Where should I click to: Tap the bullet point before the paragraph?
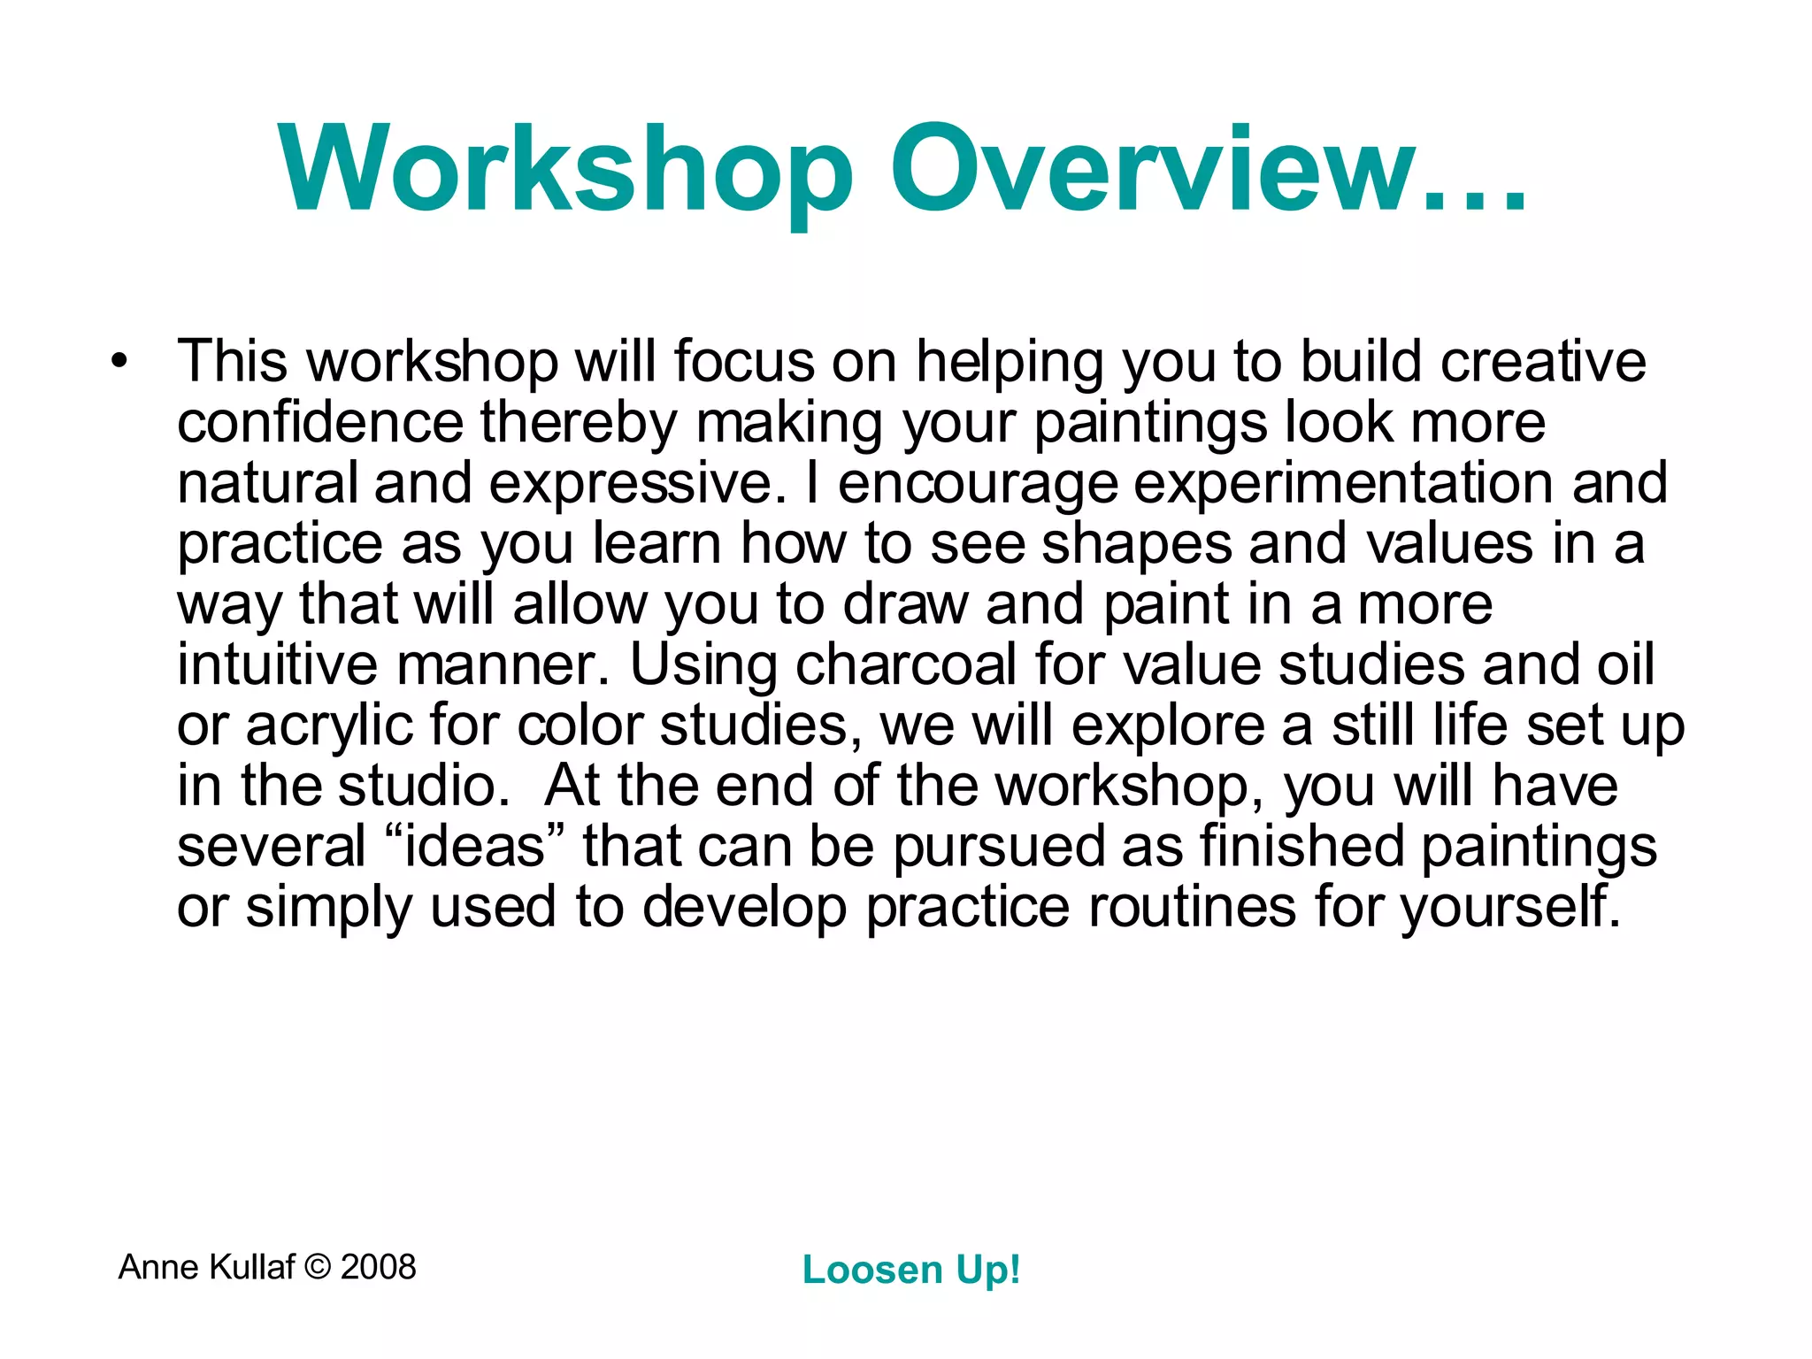point(119,362)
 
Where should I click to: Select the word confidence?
point(320,422)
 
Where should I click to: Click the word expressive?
point(637,485)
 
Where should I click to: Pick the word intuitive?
point(277,664)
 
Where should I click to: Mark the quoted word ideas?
point(475,847)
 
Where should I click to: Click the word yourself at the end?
point(1510,907)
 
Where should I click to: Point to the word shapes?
point(1136,545)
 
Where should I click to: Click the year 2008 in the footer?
point(378,1267)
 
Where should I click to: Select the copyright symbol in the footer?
point(318,1267)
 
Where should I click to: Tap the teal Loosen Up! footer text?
point(910,1271)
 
